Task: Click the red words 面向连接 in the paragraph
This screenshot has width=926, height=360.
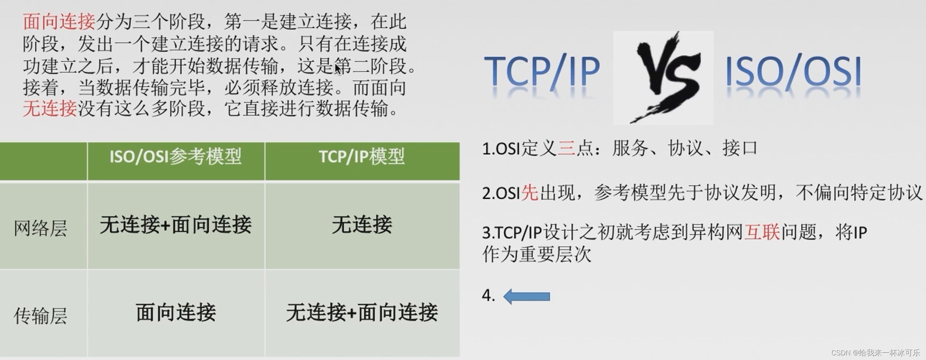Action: point(59,21)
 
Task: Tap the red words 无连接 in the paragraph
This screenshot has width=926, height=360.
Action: point(50,108)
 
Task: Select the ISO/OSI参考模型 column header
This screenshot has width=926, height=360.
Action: point(175,157)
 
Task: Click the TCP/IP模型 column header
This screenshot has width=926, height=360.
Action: point(362,157)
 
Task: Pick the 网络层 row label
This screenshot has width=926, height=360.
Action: point(41,228)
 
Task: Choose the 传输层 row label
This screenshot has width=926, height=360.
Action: point(41,316)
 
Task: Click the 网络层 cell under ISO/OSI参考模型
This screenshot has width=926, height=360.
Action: point(175,224)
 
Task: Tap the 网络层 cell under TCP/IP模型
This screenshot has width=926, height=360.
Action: point(362,224)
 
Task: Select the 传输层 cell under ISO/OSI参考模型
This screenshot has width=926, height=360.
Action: point(176,312)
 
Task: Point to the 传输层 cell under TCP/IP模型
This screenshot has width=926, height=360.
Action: point(362,312)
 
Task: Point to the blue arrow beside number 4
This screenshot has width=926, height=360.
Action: point(526,296)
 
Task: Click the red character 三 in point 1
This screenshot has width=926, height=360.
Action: point(566,148)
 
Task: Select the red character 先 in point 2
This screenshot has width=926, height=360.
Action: point(530,192)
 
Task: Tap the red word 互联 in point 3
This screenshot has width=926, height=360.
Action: point(762,232)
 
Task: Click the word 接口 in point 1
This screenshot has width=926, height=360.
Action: point(740,148)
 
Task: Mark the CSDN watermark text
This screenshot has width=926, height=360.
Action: point(875,352)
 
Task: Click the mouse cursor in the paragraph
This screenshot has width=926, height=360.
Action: point(338,69)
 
